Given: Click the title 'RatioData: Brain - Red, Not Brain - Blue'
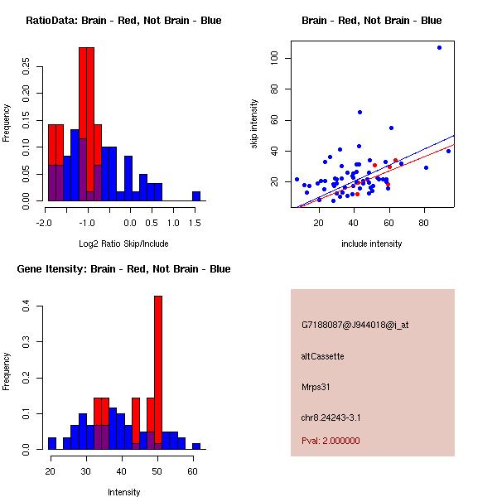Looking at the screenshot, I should click(123, 21).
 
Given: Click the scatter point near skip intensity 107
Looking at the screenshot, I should click(439, 47).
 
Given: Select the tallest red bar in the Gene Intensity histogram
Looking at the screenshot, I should click(158, 372).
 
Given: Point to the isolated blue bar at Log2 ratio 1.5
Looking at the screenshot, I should click(196, 195).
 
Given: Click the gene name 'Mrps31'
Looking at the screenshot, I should click(316, 386).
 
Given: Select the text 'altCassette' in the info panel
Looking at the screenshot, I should click(322, 356).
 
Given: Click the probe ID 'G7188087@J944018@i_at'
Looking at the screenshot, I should click(355, 325).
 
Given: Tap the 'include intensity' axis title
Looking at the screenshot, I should click(371, 244).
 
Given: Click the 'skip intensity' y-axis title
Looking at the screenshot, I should click(254, 124).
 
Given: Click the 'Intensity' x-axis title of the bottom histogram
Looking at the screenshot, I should click(123, 492).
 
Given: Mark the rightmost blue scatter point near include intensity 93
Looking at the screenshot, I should click(448, 151).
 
